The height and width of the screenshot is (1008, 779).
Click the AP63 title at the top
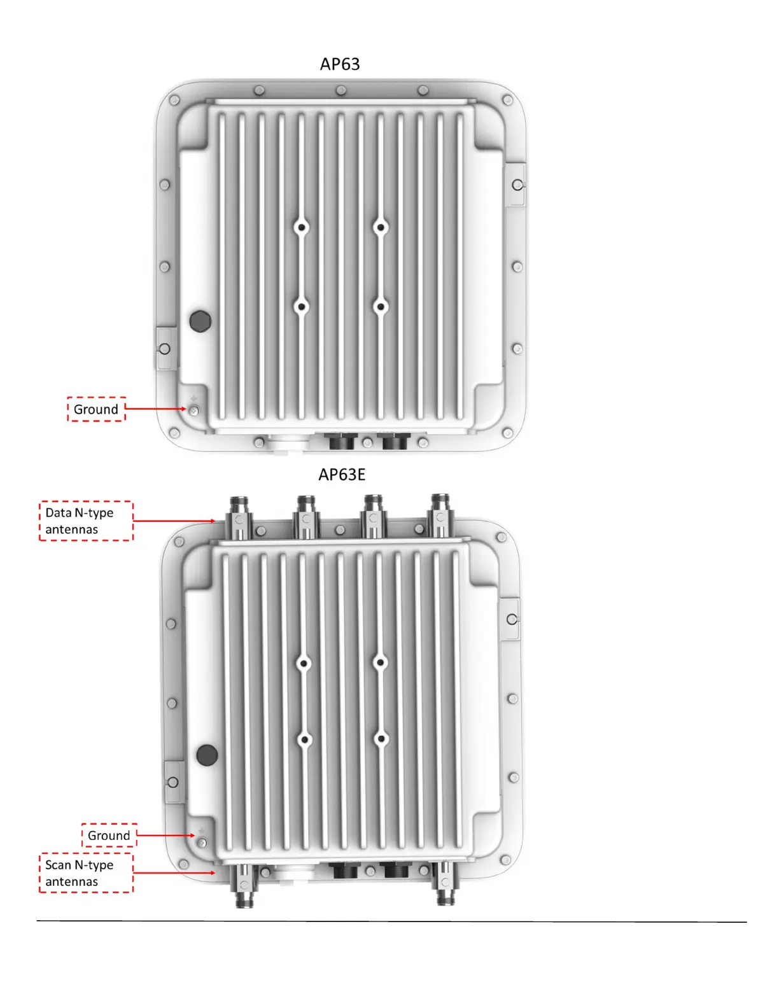click(340, 64)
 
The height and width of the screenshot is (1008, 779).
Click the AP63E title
click(342, 475)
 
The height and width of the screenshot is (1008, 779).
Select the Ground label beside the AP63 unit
click(96, 409)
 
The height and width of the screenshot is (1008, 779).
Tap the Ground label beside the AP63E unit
click(109, 835)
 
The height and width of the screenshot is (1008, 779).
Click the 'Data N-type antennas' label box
click(86, 521)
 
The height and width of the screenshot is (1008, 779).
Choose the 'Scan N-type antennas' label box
click(86, 873)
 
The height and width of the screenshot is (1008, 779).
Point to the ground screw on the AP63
click(193, 410)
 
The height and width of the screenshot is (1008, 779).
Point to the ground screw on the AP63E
click(202, 843)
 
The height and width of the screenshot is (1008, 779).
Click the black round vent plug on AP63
click(200, 321)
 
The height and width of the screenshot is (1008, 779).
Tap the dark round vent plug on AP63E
click(207, 755)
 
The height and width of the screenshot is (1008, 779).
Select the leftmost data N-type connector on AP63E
click(239, 517)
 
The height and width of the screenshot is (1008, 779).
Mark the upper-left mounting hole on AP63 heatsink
click(302, 227)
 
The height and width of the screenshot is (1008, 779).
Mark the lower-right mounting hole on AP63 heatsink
click(381, 307)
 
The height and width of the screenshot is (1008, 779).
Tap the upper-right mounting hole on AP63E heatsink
click(381, 662)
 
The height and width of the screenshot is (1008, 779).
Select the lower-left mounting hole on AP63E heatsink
click(304, 740)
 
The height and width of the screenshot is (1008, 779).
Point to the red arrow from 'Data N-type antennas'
click(174, 521)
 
